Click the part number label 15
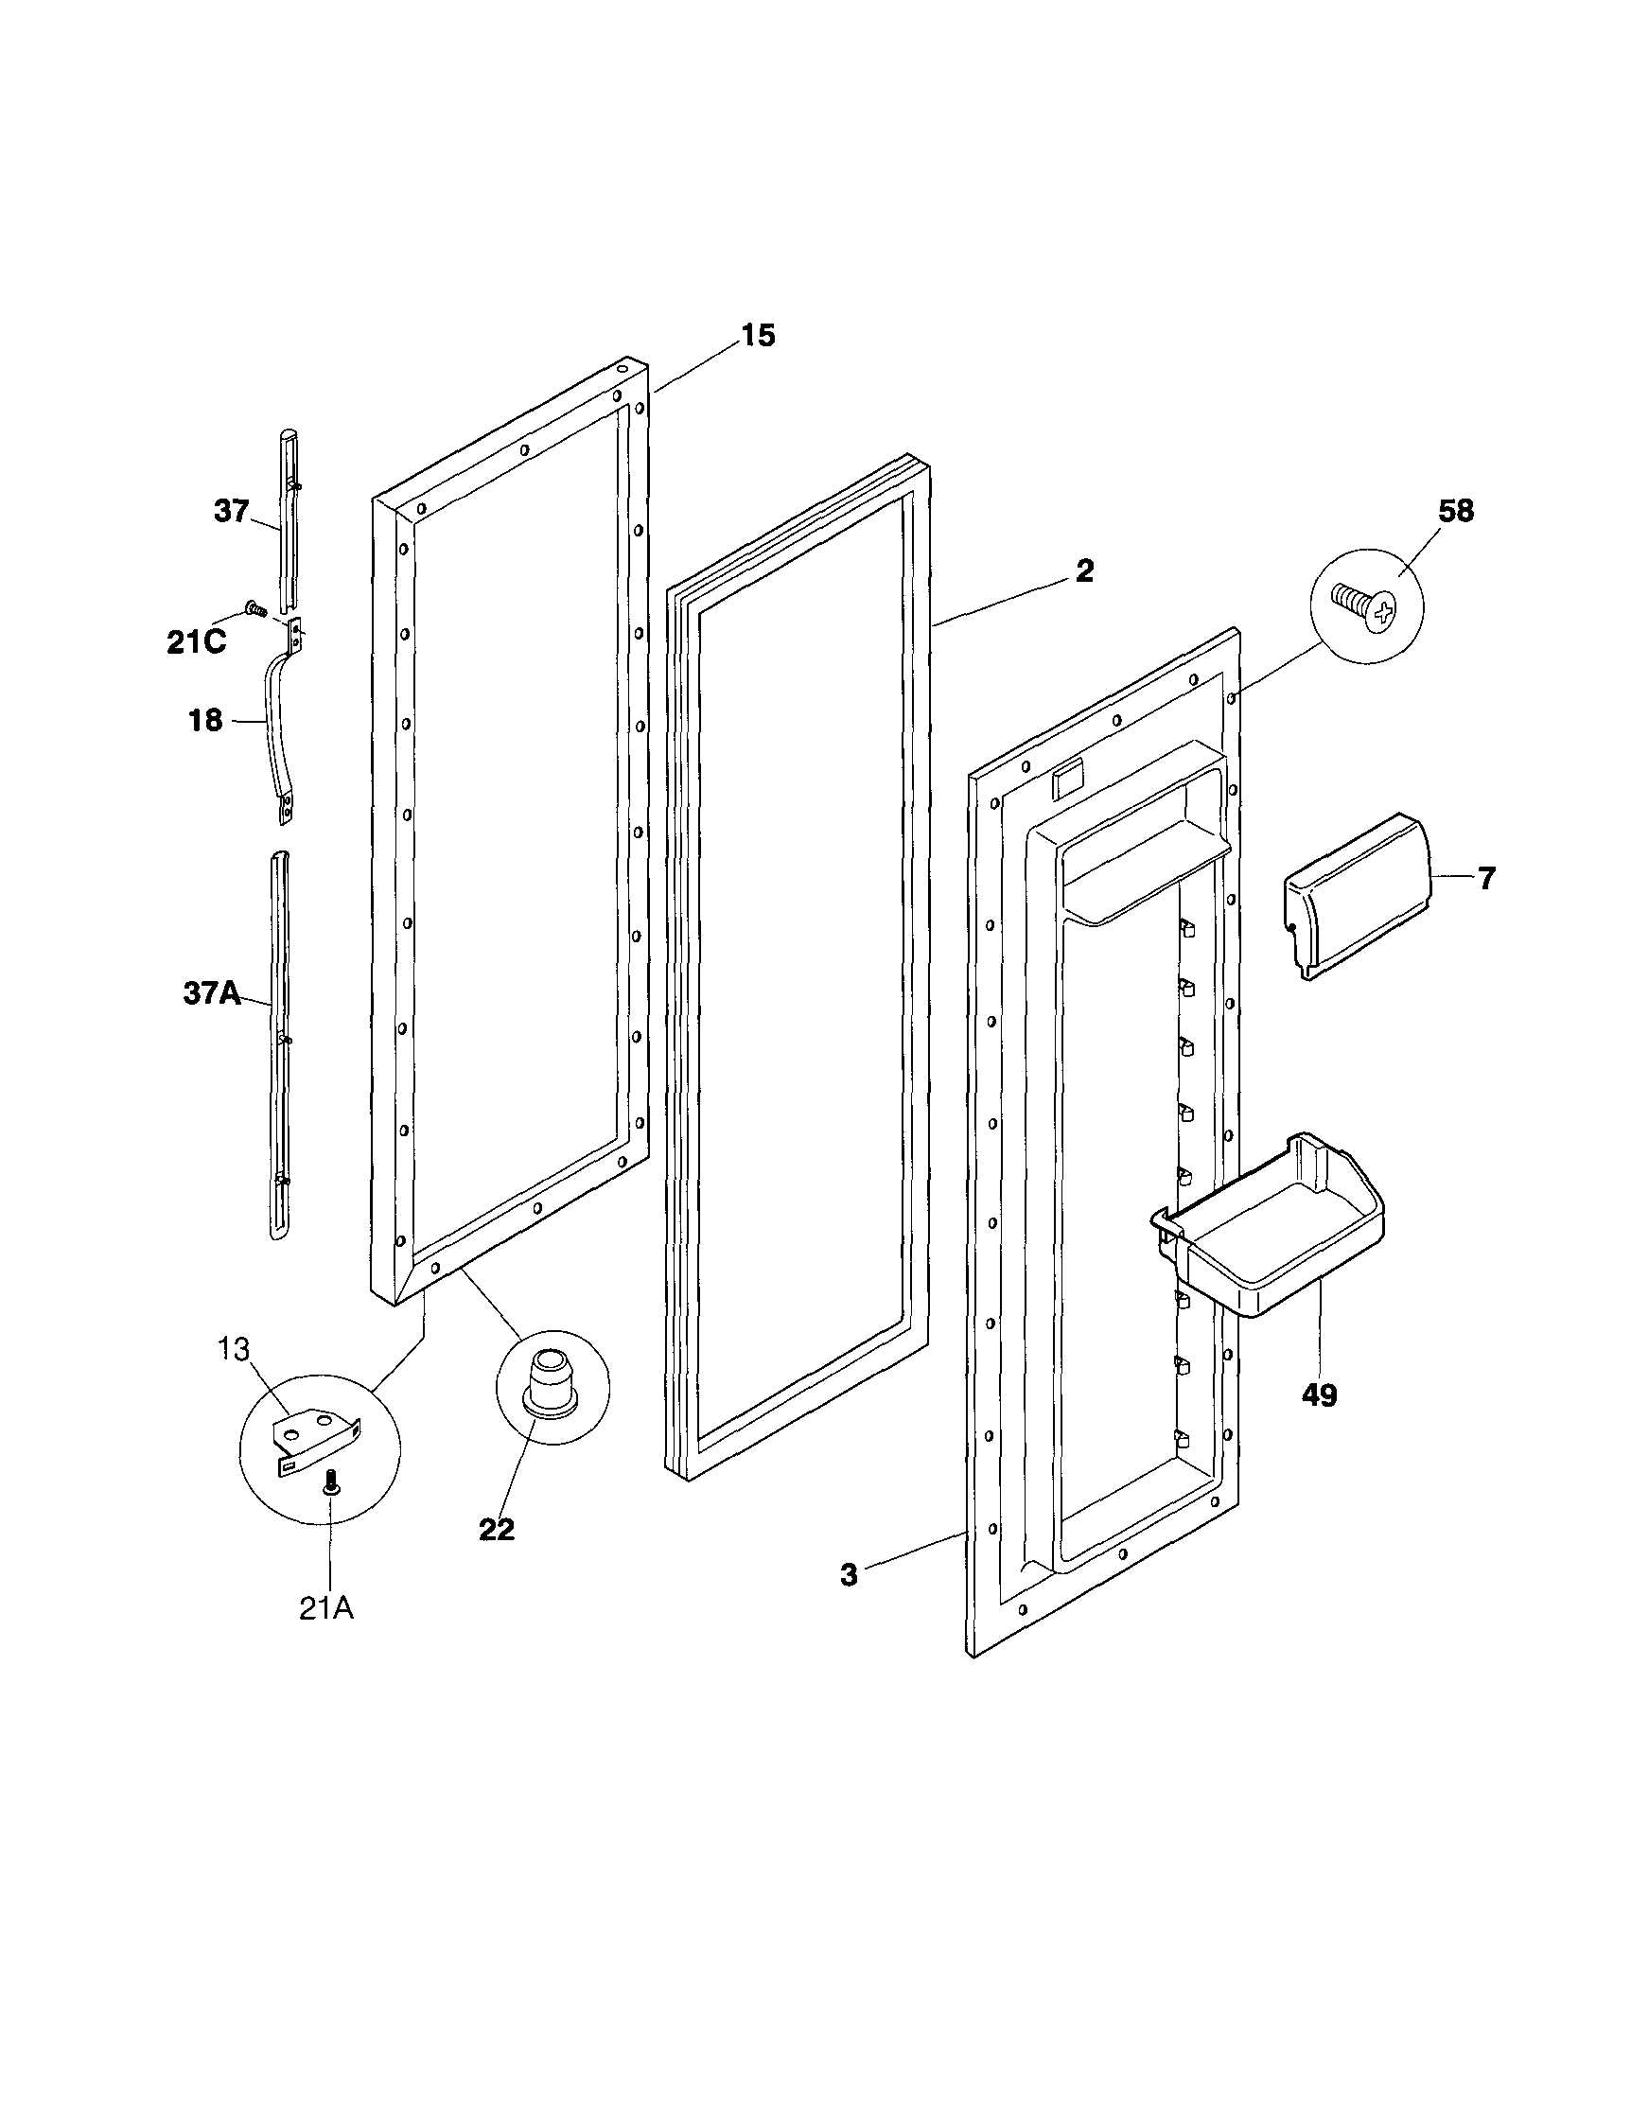(x=757, y=336)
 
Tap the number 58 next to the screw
(x=1455, y=512)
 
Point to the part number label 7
(x=1486, y=879)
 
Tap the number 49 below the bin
(x=1319, y=1395)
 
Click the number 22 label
(x=497, y=1530)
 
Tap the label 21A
(x=325, y=1609)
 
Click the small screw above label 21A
(x=332, y=1482)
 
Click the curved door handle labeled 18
(x=275, y=723)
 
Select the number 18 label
(x=205, y=721)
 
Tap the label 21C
(x=197, y=642)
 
